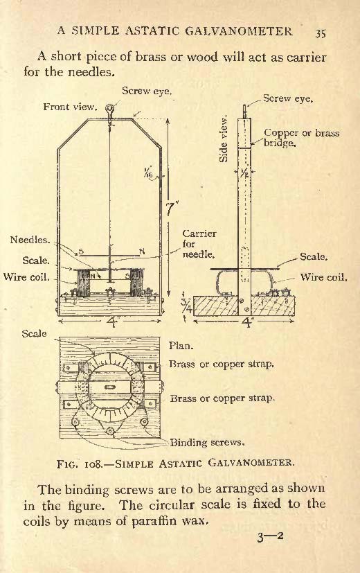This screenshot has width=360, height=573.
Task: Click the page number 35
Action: (321, 33)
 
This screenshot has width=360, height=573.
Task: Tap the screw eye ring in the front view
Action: (109, 107)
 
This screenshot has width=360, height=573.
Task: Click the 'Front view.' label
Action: (70, 107)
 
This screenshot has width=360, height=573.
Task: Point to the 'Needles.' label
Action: (30, 240)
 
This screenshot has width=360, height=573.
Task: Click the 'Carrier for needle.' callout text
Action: (199, 244)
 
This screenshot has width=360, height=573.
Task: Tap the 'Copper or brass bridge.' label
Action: (301, 137)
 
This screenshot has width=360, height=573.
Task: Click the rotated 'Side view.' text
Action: (224, 139)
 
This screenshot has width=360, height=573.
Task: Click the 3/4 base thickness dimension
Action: (186, 307)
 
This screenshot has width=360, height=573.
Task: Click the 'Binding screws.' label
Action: (207, 443)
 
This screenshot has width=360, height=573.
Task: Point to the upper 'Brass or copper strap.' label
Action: (222, 364)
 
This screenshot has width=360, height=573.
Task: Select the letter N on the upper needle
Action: (142, 251)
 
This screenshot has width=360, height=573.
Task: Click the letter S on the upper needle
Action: (81, 252)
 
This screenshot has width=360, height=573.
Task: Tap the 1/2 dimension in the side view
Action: (244, 173)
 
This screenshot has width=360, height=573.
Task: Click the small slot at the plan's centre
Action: (109, 387)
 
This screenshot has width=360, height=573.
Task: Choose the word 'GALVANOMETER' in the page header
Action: (239, 30)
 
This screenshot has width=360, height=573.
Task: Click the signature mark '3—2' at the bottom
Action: (270, 536)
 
